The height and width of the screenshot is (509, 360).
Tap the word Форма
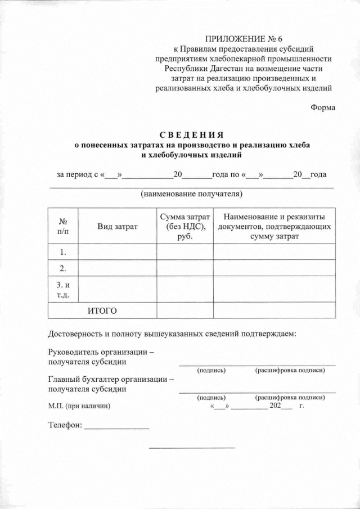click(x=323, y=108)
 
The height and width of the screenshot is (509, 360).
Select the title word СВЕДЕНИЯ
click(x=191, y=134)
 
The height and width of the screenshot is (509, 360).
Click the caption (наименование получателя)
click(x=191, y=195)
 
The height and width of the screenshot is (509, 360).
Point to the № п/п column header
click(x=64, y=226)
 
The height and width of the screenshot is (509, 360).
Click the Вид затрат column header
click(x=117, y=226)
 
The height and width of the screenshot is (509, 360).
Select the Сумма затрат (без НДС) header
click(x=184, y=226)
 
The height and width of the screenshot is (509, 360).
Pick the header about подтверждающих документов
click(x=274, y=226)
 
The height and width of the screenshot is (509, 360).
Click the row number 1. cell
click(x=64, y=251)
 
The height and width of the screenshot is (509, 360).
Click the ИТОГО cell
click(x=102, y=310)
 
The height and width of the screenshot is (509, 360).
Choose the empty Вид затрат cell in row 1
click(x=117, y=251)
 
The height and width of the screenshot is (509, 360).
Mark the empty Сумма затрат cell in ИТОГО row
click(x=184, y=310)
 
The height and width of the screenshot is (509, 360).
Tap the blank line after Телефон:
click(x=116, y=427)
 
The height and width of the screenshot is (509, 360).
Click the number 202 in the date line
click(x=276, y=405)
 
